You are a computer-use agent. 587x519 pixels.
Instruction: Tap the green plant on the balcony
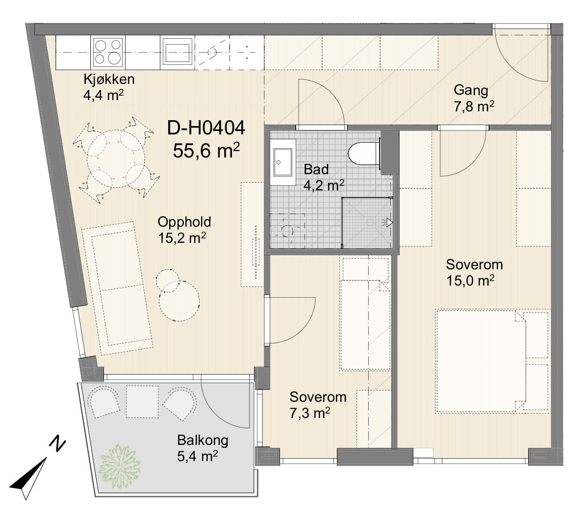click(121, 466)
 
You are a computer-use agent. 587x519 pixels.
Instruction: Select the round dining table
click(116, 158)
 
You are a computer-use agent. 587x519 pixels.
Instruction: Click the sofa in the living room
click(117, 288)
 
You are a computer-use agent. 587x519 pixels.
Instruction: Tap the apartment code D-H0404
click(206, 129)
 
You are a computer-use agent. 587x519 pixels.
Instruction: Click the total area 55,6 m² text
click(206, 151)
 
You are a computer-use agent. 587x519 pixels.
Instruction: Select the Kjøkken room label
click(109, 79)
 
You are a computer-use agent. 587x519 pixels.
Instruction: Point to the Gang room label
click(471, 90)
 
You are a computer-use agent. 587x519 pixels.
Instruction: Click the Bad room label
click(316, 169)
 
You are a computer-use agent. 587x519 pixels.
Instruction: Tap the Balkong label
click(203, 440)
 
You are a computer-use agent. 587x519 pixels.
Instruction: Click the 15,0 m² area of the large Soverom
click(471, 281)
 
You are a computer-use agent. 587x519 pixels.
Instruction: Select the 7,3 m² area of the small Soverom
click(309, 414)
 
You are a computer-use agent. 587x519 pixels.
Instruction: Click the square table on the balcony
click(142, 401)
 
